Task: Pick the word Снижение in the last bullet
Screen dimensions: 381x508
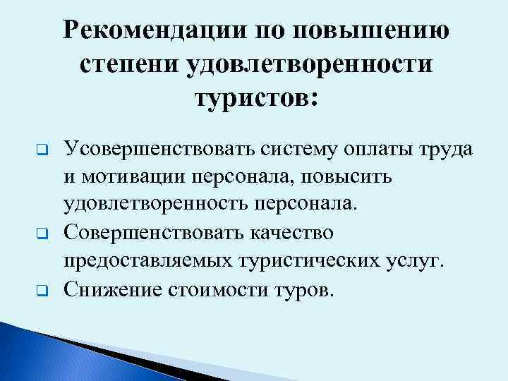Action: tap(110, 289)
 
